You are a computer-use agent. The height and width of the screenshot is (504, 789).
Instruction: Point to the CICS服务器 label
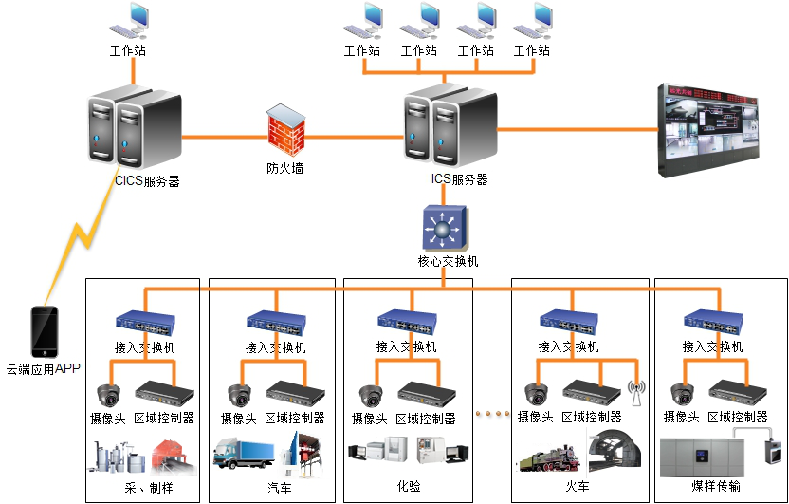click(x=147, y=180)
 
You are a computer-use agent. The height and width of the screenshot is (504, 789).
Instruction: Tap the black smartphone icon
click(x=45, y=331)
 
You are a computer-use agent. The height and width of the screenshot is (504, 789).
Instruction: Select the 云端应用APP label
click(x=44, y=369)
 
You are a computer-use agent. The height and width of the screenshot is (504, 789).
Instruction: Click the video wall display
click(x=722, y=131)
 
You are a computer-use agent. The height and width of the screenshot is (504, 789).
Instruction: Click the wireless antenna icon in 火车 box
click(x=635, y=390)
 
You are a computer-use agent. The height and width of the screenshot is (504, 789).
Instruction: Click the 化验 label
click(x=409, y=487)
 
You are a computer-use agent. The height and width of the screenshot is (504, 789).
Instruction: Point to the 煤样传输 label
click(x=717, y=487)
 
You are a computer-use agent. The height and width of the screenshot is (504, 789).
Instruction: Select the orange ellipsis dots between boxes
click(x=491, y=413)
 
